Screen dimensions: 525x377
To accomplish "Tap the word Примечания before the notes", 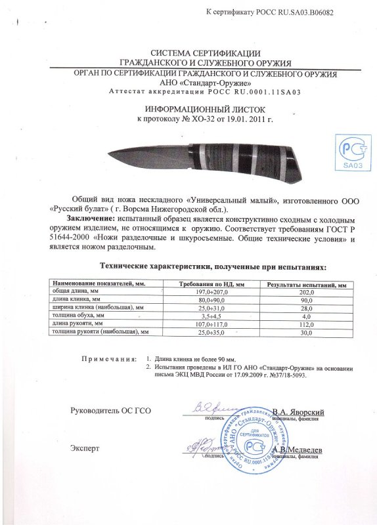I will coord(109,360).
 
